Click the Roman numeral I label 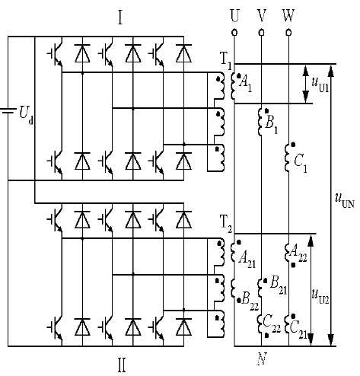(x=120, y=18)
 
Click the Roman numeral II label (x=122, y=365)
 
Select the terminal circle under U (x=234, y=33)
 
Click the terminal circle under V (x=262, y=33)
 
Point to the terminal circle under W (x=288, y=33)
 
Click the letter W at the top (x=288, y=16)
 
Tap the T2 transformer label (x=226, y=224)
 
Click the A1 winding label (x=246, y=84)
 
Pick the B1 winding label (x=271, y=125)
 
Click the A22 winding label (x=298, y=253)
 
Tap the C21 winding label (x=298, y=330)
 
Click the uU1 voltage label (x=320, y=84)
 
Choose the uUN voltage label (x=344, y=200)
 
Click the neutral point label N (x=262, y=359)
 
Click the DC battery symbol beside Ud (x=8, y=111)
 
